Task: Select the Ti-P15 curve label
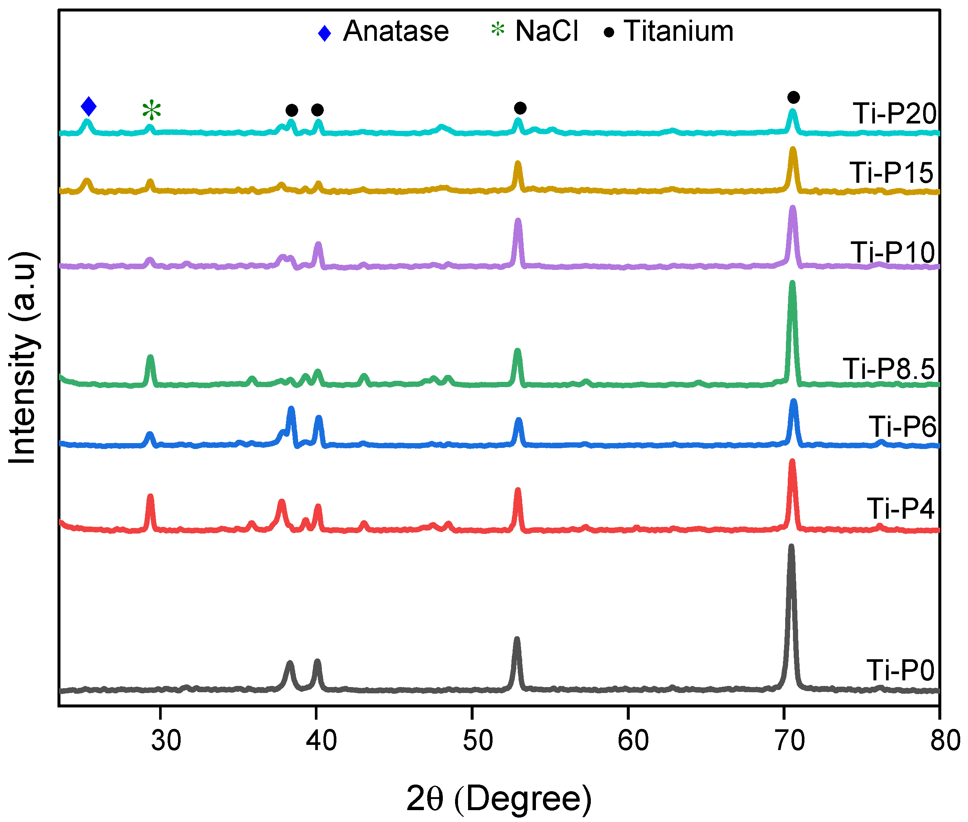tap(891, 172)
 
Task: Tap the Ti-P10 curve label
tap(892, 252)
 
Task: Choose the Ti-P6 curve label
tap(902, 426)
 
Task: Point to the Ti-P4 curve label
tap(900, 508)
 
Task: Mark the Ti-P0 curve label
tap(900, 670)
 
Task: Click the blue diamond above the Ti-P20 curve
tap(89, 106)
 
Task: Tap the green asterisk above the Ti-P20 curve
tap(151, 111)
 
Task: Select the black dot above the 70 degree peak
tap(793, 98)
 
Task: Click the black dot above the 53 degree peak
tap(520, 108)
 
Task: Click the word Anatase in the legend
tap(396, 31)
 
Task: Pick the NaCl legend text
tap(546, 31)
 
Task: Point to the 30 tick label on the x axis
tap(165, 740)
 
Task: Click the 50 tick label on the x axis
tap(477, 740)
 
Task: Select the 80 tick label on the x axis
tap(945, 740)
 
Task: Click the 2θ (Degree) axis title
tap(499, 798)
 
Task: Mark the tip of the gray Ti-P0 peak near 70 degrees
tap(790, 546)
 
